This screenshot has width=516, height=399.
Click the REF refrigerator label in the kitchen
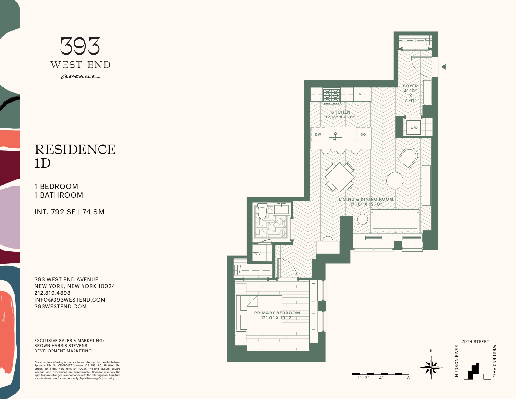pyautogui.click(x=362, y=94)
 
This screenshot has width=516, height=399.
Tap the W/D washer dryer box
pyautogui.click(x=414, y=128)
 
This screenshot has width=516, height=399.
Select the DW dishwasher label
pyautogui.click(x=318, y=134)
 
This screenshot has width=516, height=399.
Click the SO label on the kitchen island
pyautogui.click(x=363, y=134)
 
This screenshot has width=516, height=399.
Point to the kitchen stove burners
pyautogui.click(x=332, y=96)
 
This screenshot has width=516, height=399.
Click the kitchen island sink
pyautogui.click(x=335, y=134)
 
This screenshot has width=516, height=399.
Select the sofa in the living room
pyautogui.click(x=395, y=220)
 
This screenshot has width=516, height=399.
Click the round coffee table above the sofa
pyautogui.click(x=395, y=180)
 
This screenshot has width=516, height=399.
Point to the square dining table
pyautogui.click(x=340, y=177)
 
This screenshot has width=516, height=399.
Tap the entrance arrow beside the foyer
pyautogui.click(x=443, y=67)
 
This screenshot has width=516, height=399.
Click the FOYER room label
pyautogui.click(x=410, y=86)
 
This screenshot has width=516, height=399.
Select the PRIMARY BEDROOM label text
pyautogui.click(x=277, y=313)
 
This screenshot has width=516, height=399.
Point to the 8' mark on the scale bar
pyautogui.click(x=409, y=378)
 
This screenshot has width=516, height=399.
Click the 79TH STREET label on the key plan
pyautogui.click(x=475, y=342)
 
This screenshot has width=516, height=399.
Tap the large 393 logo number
pyautogui.click(x=80, y=46)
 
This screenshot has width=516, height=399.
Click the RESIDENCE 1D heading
pyautogui.click(x=75, y=156)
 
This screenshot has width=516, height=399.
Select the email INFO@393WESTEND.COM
pyautogui.click(x=70, y=300)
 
